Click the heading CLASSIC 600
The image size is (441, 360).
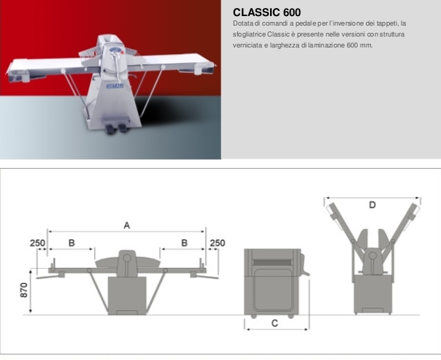click(266, 12)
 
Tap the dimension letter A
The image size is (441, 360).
click(127, 226)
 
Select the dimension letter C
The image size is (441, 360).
click(275, 323)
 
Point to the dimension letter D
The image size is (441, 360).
click(372, 204)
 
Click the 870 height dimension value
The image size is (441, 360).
click(24, 290)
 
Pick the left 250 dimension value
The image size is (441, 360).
click(37, 243)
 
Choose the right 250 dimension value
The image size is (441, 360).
click(218, 243)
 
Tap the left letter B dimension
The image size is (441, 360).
click(72, 243)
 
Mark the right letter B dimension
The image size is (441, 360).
click(184, 243)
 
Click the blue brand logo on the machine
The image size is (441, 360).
click(115, 85)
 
